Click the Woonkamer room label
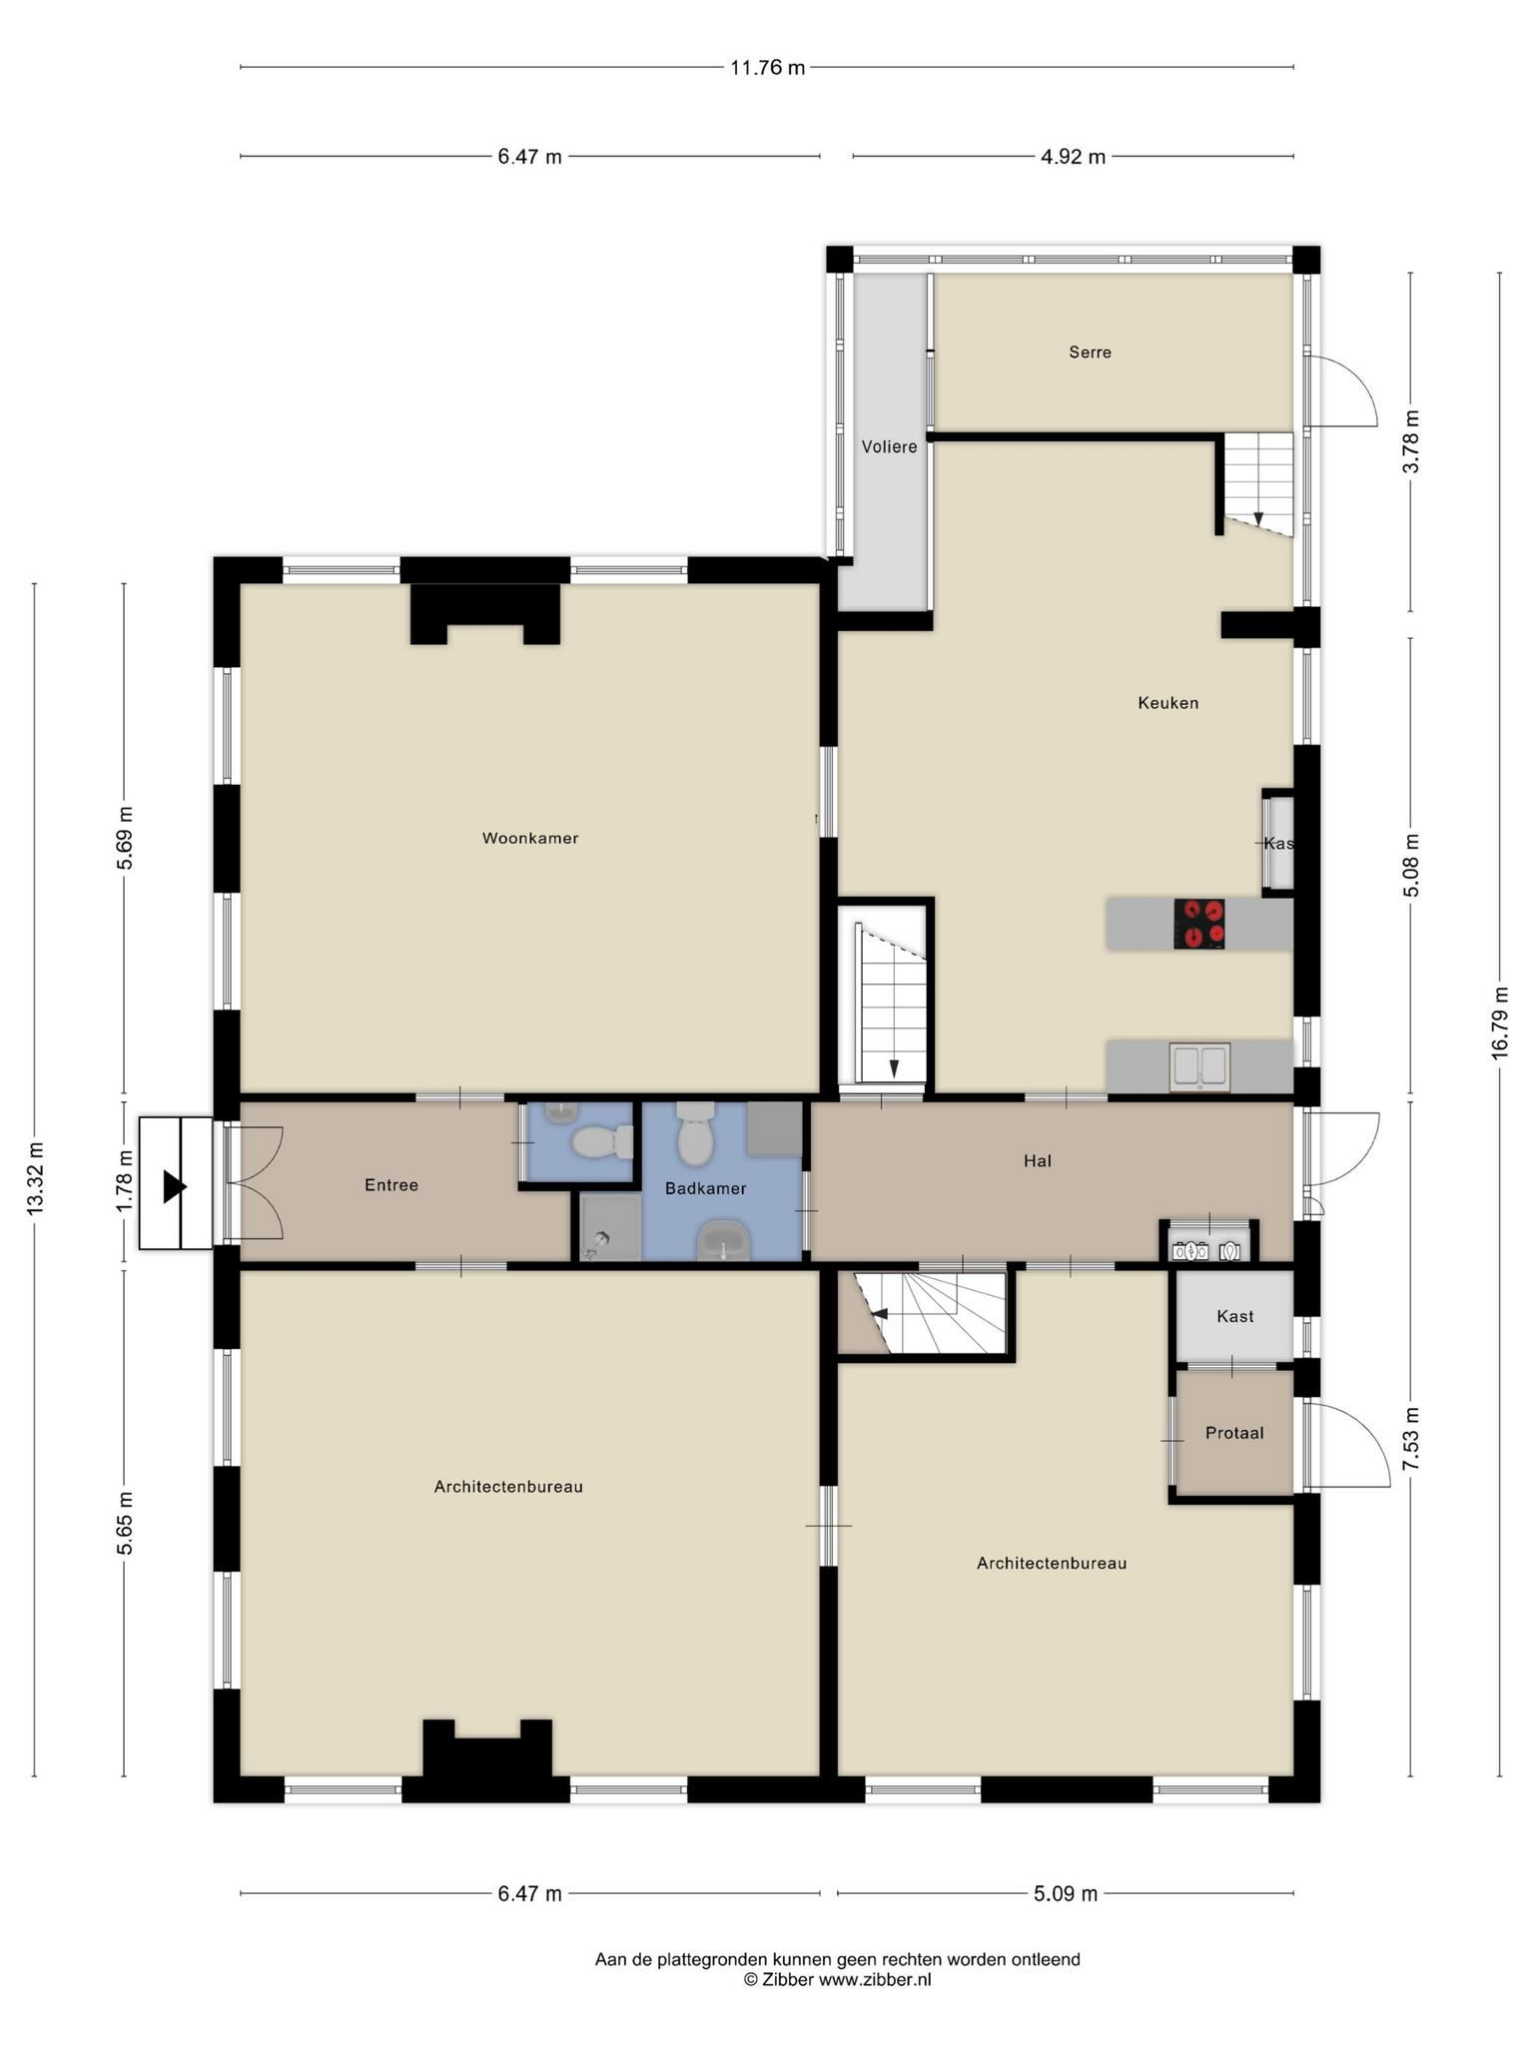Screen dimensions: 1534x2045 click(530, 839)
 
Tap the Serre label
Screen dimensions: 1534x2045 click(1090, 352)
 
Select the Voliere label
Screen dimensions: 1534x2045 click(889, 447)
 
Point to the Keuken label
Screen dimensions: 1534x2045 click(1167, 703)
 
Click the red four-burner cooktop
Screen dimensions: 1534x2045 click(1198, 924)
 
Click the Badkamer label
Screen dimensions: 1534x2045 click(706, 1189)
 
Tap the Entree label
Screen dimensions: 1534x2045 click(391, 1185)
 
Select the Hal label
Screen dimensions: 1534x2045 click(1038, 1161)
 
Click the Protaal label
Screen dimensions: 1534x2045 click(1234, 1433)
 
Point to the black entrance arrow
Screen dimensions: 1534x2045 click(176, 1186)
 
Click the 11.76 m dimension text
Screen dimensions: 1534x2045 click(767, 68)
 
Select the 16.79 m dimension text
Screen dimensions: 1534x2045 click(1500, 1023)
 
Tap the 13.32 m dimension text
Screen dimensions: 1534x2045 click(35, 1178)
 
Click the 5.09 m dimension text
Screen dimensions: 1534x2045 click(1066, 1893)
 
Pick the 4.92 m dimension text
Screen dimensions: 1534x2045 click(1074, 157)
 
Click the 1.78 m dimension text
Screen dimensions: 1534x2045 click(124, 1182)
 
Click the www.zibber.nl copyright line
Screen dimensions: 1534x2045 click(837, 1980)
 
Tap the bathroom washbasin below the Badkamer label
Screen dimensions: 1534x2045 click(725, 1241)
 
